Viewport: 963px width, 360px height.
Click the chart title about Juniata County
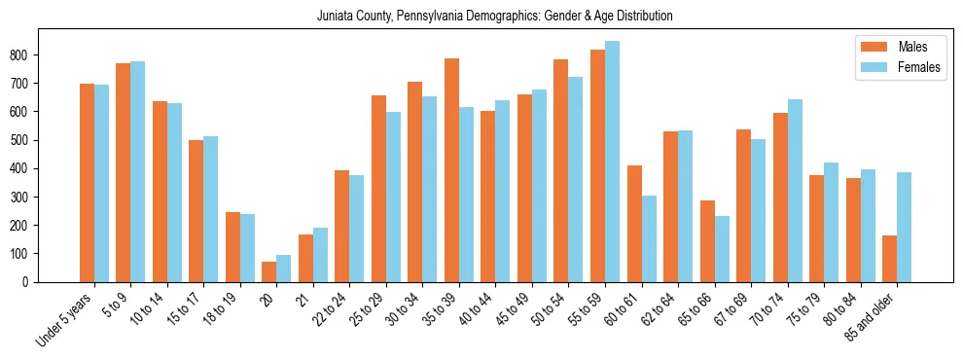click(494, 17)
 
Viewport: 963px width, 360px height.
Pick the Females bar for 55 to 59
click(612, 162)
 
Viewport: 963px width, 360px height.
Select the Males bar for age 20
click(269, 271)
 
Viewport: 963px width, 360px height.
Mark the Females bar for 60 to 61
click(649, 239)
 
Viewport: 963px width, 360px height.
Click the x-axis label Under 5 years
click(65, 319)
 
